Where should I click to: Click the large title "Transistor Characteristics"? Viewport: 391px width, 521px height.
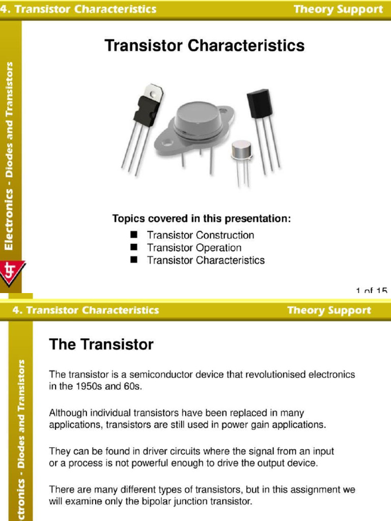(x=204, y=46)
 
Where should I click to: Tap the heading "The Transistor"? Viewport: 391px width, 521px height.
(x=101, y=345)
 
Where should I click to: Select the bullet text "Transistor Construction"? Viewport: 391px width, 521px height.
(x=200, y=235)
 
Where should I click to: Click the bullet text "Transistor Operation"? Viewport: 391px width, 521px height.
(x=194, y=248)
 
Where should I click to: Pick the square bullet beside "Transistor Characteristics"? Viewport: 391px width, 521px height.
(x=134, y=260)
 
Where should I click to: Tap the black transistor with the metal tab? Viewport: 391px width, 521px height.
(x=147, y=109)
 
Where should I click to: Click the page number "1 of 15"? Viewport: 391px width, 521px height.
(x=371, y=291)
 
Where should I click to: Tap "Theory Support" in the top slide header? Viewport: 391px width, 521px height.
(x=338, y=9)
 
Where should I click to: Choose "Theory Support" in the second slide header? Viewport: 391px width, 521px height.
(x=329, y=310)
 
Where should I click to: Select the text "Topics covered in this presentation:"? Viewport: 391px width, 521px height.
(x=202, y=219)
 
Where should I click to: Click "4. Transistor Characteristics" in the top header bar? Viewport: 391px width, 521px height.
(x=78, y=9)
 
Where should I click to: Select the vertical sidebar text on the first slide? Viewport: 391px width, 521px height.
(x=11, y=155)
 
